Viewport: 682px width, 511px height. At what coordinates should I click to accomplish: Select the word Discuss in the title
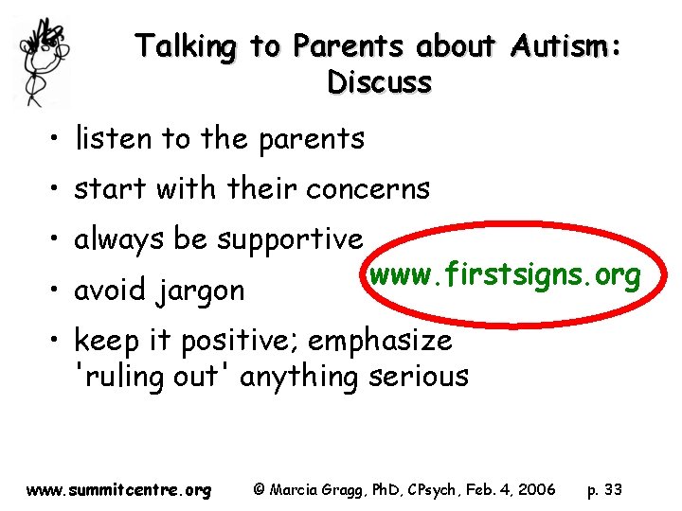[379, 82]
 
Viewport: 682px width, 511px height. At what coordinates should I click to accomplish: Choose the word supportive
[289, 239]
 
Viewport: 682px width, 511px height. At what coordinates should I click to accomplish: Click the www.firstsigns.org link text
[505, 275]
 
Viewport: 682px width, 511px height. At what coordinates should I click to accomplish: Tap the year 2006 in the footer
[537, 490]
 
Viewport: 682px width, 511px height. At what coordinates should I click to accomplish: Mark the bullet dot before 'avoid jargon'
[59, 291]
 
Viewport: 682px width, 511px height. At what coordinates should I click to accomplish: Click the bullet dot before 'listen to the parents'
[59, 140]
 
